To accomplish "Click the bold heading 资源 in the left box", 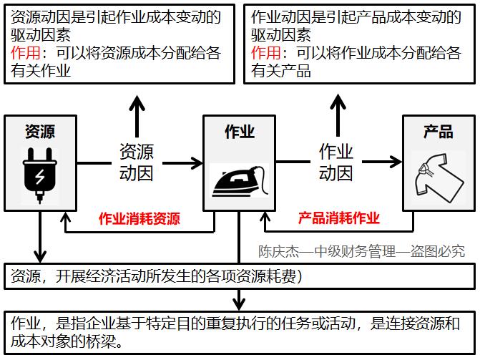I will [39, 131].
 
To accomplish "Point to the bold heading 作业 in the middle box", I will [240, 131].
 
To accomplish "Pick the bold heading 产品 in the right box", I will [438, 131].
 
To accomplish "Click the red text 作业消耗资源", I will [139, 219].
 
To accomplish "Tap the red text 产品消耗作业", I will [338, 219].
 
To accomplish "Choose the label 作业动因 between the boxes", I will [335, 162].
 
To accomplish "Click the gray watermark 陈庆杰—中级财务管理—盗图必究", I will [361, 251].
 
